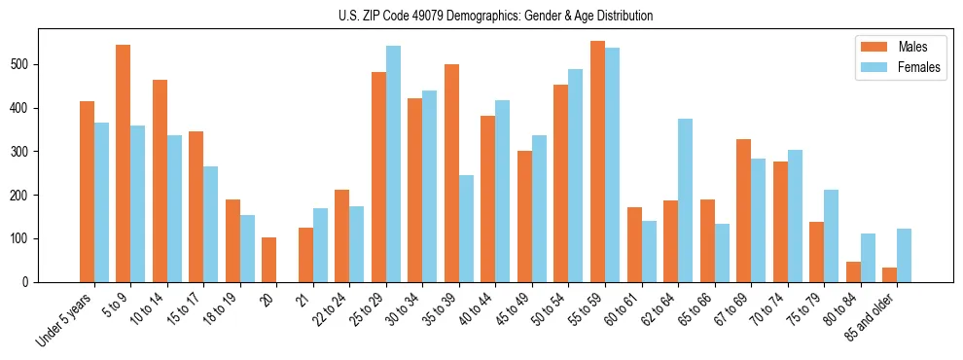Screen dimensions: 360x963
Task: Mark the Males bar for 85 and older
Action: (889, 274)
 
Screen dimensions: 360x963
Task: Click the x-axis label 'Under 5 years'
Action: (66, 319)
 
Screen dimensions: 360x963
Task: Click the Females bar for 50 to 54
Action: (576, 175)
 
